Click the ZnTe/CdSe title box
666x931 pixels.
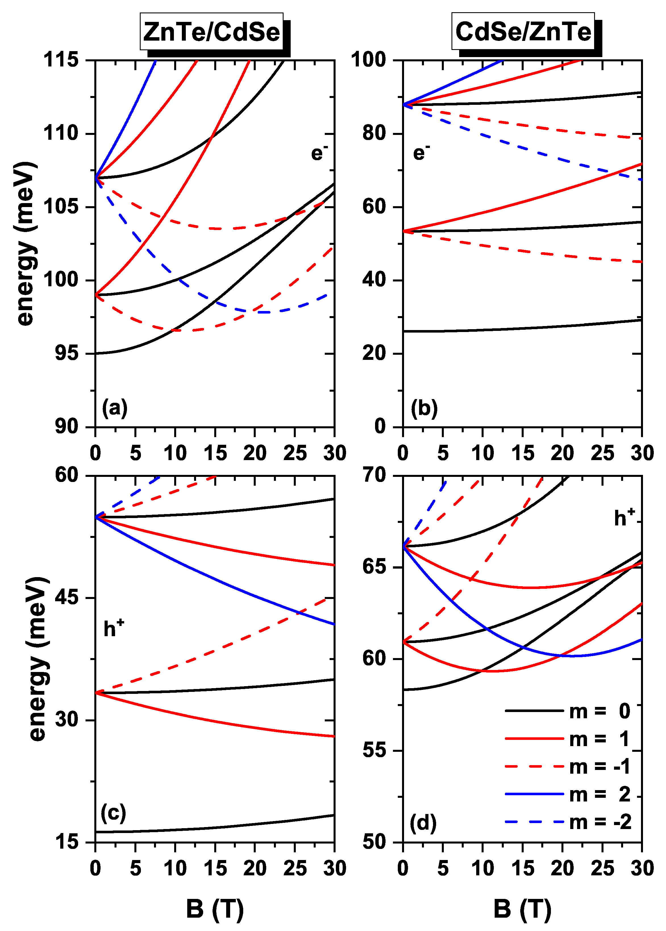[x=212, y=32]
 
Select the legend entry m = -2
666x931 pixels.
[x=568, y=822]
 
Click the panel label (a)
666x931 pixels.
[x=115, y=408]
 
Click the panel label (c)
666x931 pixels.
[x=113, y=813]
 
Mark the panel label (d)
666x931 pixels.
[x=423, y=823]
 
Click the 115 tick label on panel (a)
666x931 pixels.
[x=61, y=60]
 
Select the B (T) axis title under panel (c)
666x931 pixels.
[x=215, y=909]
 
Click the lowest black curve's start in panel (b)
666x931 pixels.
[x=404, y=331]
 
